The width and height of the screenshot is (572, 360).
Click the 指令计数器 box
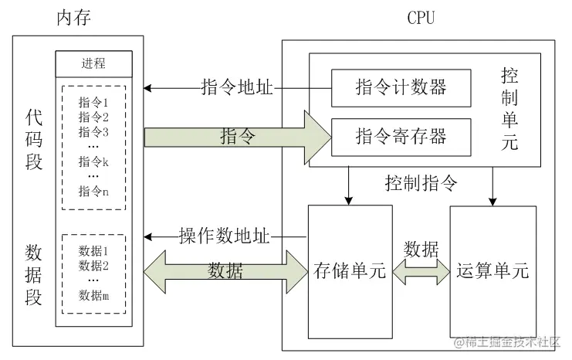point(401,87)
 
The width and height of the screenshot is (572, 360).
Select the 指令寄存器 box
point(401,137)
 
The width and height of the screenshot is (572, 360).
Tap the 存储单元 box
point(350,271)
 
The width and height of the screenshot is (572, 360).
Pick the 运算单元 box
point(492,271)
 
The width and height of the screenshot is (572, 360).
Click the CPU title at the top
point(421,17)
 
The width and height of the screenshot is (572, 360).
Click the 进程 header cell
point(93,63)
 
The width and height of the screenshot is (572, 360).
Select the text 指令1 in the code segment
point(94,102)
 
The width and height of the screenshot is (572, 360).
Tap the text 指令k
point(94,161)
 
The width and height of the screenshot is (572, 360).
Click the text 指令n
point(94,191)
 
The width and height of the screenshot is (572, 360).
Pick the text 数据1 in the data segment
point(94,251)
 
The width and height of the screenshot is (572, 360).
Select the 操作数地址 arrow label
point(225,236)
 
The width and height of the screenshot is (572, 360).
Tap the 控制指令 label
point(421,183)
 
